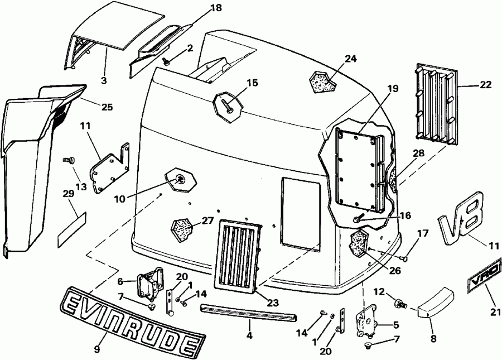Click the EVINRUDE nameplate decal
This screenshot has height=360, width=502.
pos(132,320)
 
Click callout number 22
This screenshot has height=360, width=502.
pos(486,85)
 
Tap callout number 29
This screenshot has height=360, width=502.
pos(68,194)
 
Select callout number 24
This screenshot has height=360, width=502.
pos(350,59)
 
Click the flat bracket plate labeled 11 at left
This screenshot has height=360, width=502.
pos(109,170)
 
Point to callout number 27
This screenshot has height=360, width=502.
pos(207,220)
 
